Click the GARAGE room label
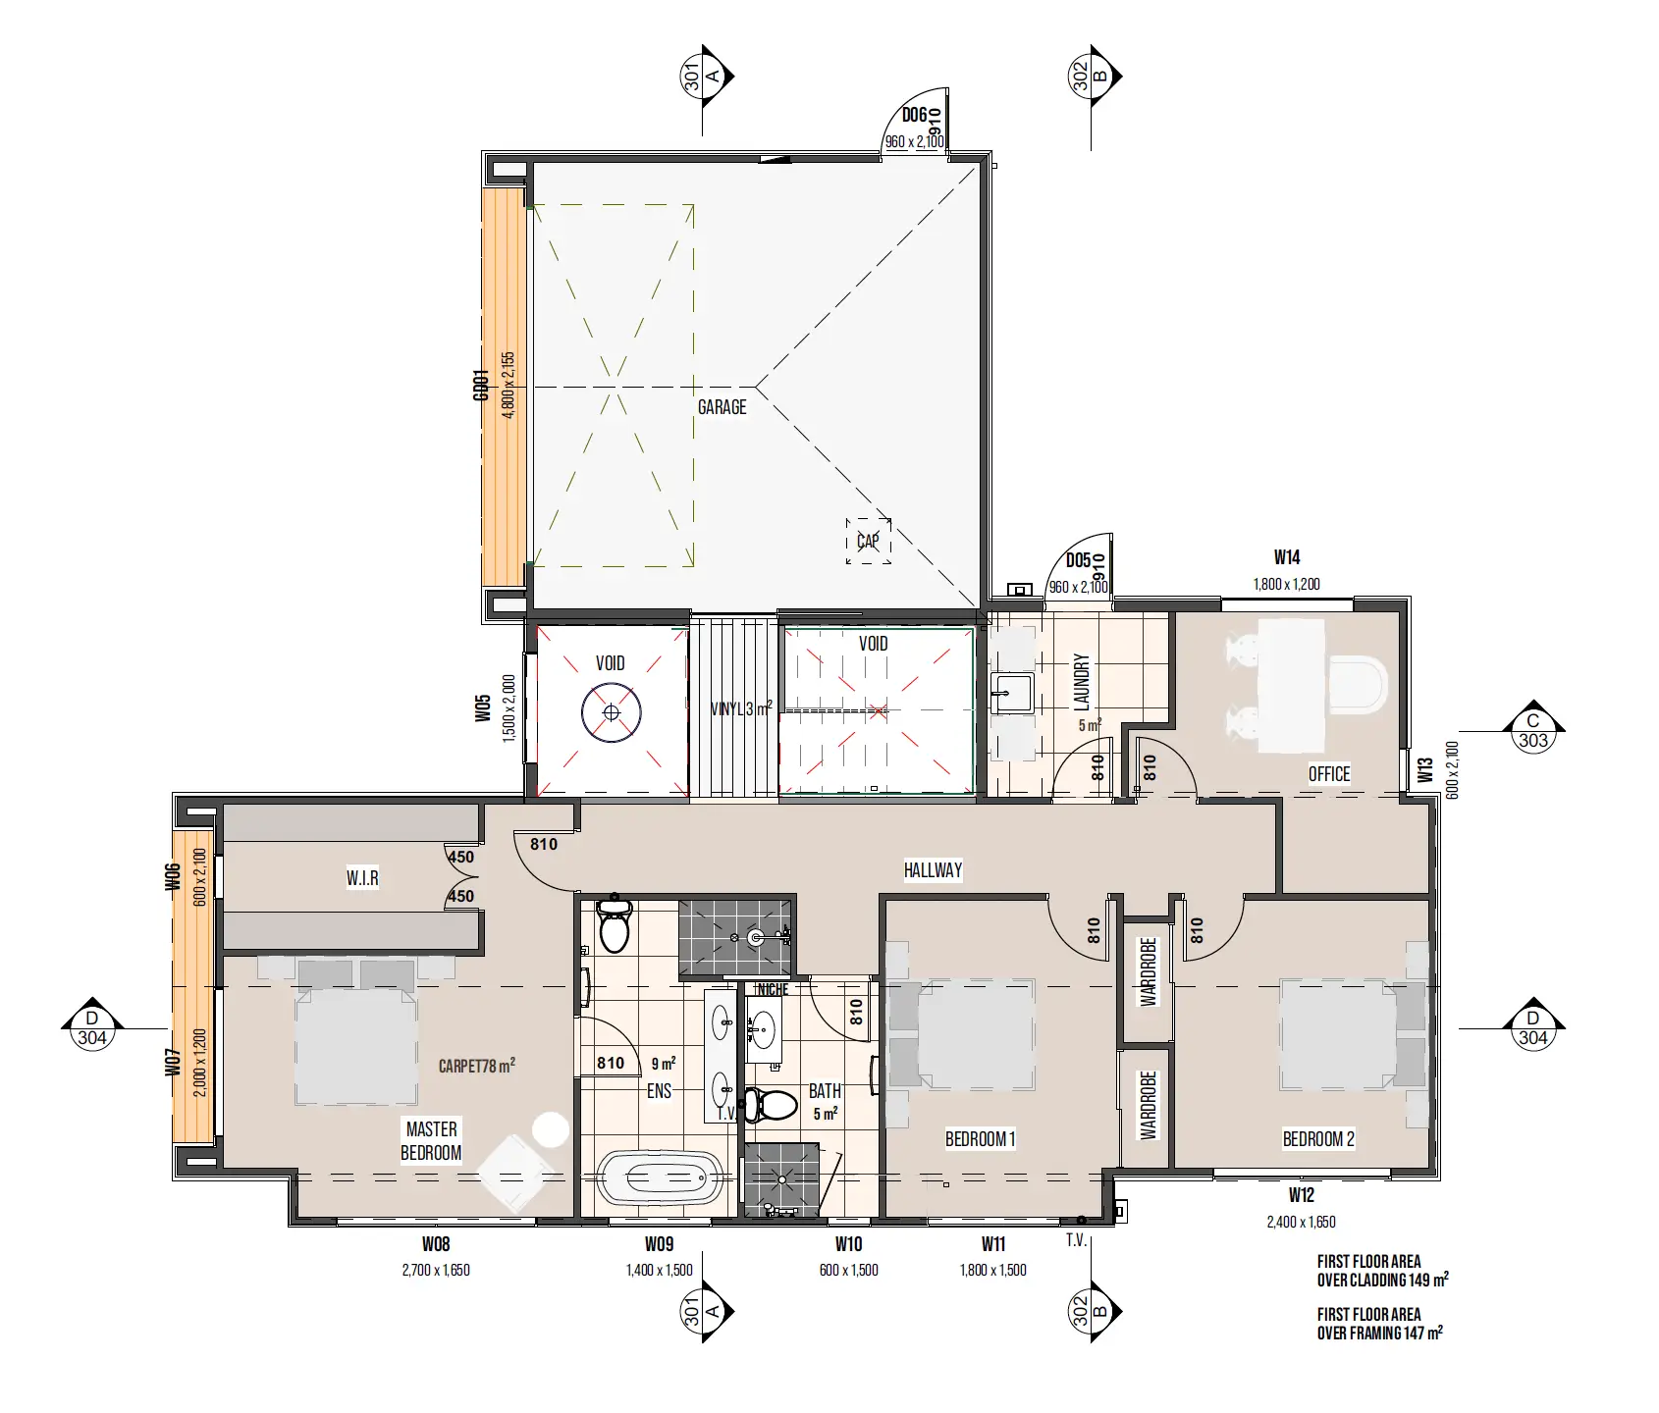tap(722, 407)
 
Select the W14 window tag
tap(1287, 557)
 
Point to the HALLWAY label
tap(933, 869)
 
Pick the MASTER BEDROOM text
tap(431, 1140)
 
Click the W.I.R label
tap(362, 878)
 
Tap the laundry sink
tap(1010, 693)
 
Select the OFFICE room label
tap(1329, 774)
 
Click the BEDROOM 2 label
tap(1318, 1139)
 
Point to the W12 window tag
tap(1301, 1195)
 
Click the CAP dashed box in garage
tap(868, 541)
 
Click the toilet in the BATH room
tap(771, 1105)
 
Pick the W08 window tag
tap(436, 1244)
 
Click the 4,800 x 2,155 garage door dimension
tap(508, 386)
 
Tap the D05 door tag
tap(1078, 561)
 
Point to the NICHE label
tap(773, 989)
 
